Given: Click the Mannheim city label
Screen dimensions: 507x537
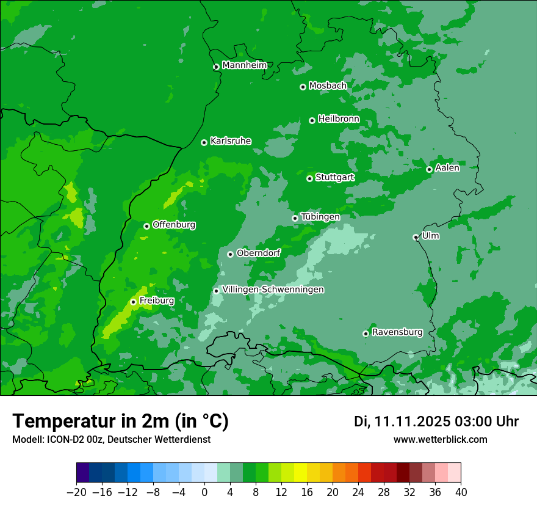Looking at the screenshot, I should pos(244,65).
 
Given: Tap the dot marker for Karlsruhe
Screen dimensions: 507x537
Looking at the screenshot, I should pos(204,142).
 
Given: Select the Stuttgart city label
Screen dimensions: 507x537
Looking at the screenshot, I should pos(334,177).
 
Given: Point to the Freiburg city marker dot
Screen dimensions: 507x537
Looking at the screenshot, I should pos(133,302).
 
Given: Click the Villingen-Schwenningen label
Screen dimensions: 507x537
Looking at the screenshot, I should pos(273,290).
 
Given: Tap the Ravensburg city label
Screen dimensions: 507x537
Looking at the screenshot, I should pos(397,332).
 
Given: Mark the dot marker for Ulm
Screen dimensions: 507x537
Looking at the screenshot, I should pos(416,237).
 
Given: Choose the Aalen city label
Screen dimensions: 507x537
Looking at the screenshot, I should pos(447,168).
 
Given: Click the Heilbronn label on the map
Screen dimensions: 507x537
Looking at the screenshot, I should pos(338,119).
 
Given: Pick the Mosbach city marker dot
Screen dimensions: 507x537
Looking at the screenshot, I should pos(303,87).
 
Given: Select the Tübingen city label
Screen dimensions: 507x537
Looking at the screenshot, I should pos(320,217).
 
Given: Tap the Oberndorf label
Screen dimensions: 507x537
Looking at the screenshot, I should pos(258,253).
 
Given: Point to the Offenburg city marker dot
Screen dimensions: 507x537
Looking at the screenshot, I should pos(146,226).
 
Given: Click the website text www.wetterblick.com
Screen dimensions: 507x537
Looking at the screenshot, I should pos(440,439).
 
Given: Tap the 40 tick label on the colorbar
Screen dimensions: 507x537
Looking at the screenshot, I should pos(461,492).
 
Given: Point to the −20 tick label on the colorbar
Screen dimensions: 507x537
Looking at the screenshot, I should pos(76,492).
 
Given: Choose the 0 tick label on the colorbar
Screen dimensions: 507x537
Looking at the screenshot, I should pos(204,492).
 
